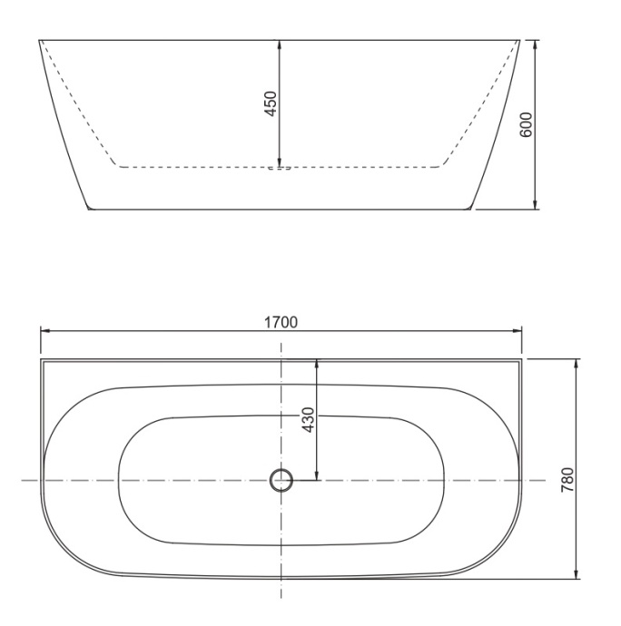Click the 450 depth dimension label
[271, 103]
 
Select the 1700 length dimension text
[281, 321]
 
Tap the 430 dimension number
[308, 419]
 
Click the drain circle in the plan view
[281, 480]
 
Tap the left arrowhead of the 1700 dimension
[43, 331]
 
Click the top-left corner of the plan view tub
[42, 359]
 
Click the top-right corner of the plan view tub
[521, 359]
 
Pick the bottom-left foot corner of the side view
[88, 209]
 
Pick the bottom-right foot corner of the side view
[472, 209]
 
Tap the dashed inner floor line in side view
[182, 167]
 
